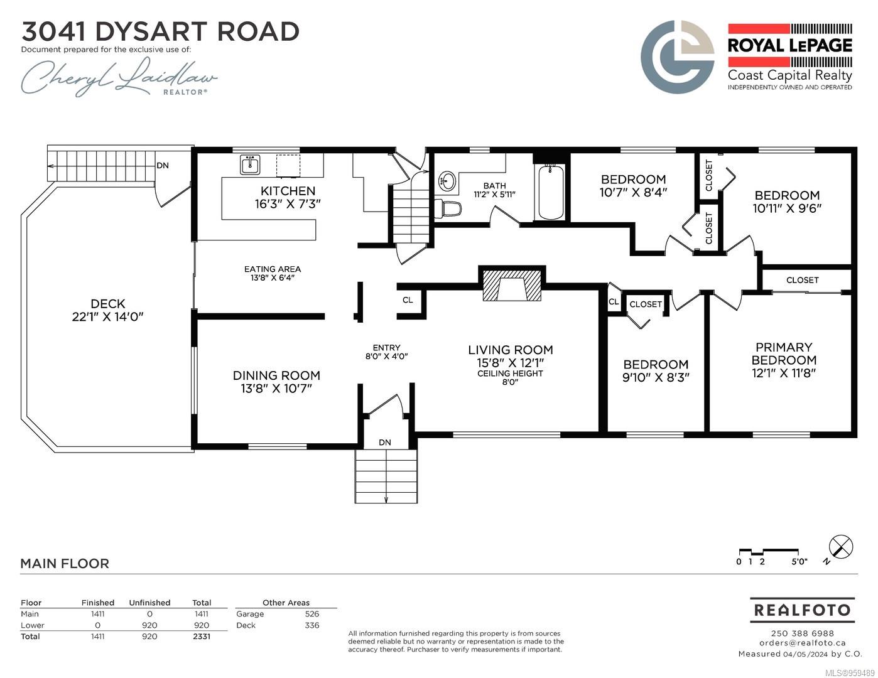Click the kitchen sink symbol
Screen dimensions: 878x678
pos(250,164)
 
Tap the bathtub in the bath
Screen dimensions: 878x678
pos(551,192)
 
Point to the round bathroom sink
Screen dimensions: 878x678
pos(447,181)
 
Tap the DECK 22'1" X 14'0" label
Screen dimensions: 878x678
pos(108,310)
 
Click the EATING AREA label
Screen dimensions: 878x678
pos(273,269)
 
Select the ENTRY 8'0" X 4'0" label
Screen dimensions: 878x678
pos(387,352)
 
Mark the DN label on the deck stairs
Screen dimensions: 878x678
pos(163,166)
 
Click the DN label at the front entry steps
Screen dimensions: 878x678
pos(384,443)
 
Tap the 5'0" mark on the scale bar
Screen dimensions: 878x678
pos(799,562)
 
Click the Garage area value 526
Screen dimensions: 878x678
pos(312,614)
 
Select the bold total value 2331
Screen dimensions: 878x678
pos(201,637)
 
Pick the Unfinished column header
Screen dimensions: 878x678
pos(149,603)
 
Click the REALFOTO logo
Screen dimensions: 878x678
pos(802,610)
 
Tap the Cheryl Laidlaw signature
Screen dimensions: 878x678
pos(119,77)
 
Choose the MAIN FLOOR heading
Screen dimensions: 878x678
pos(65,563)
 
